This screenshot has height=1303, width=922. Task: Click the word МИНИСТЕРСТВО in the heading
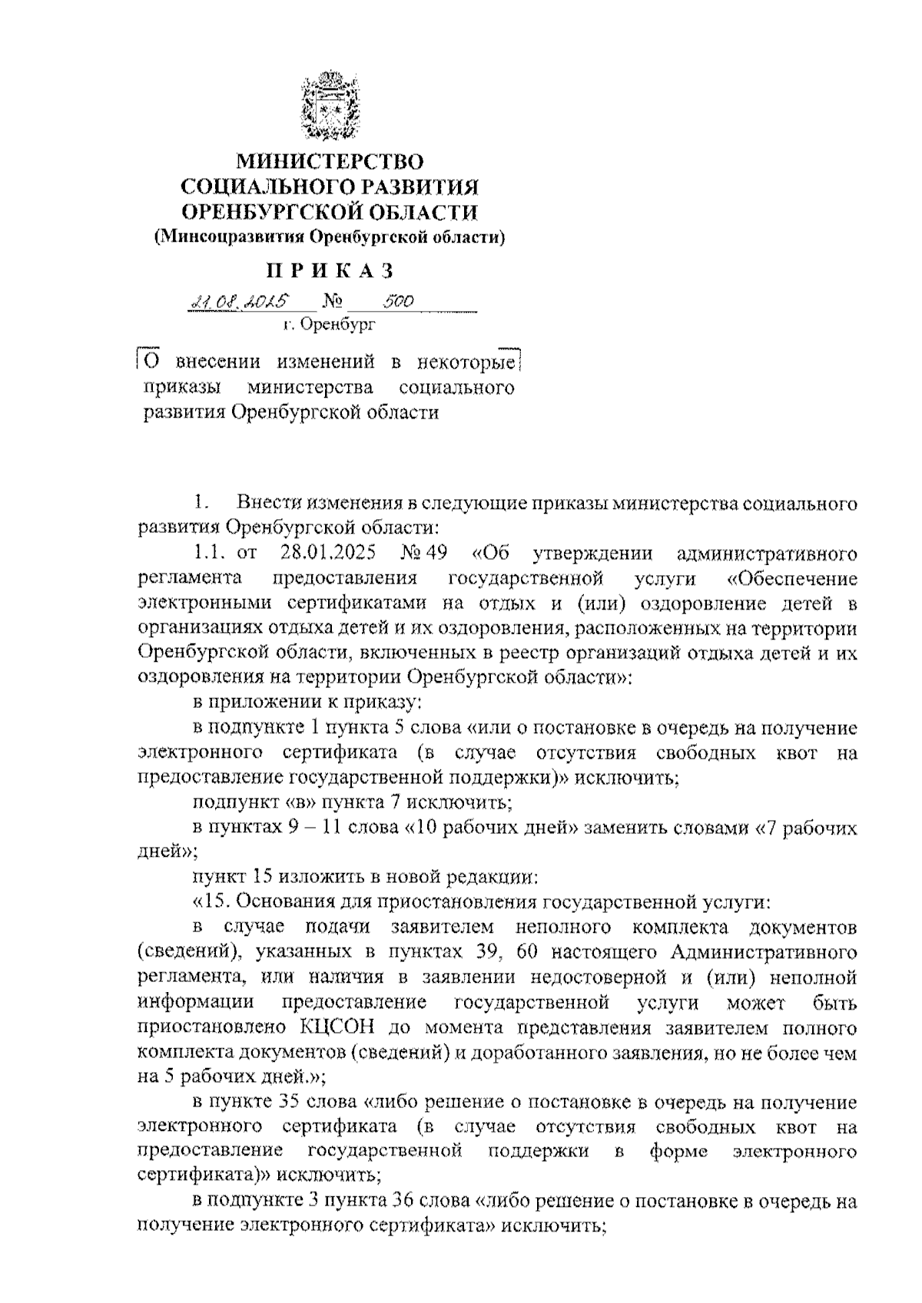[x=330, y=162]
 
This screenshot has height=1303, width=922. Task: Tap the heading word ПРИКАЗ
[x=330, y=271]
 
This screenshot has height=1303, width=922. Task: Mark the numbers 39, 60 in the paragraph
[x=486, y=953]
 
